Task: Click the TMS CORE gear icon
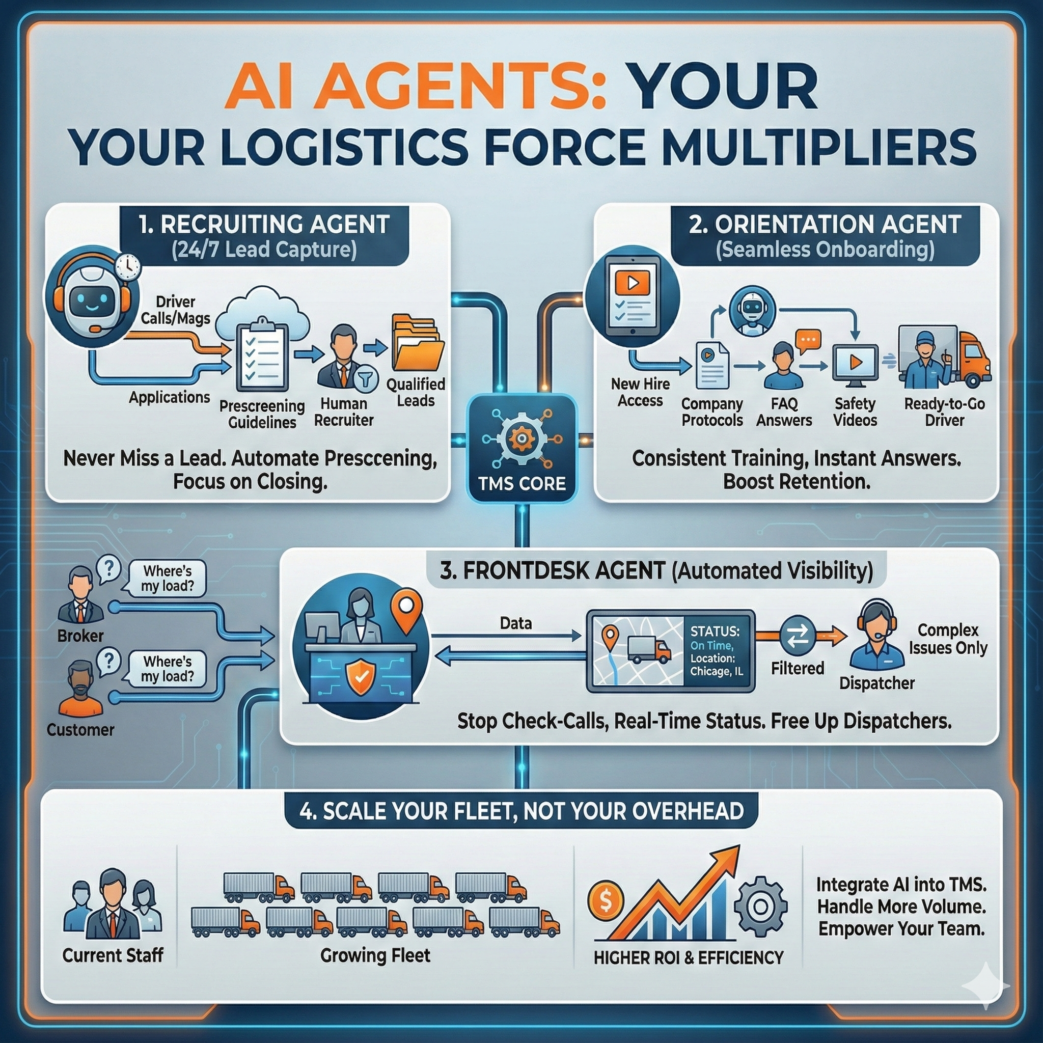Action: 521,438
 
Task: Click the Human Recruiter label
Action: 344,412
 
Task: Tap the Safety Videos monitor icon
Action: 855,363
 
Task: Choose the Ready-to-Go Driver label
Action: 944,412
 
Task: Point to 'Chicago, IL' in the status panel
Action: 717,672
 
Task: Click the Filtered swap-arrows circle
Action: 798,635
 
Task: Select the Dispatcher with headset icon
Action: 876,635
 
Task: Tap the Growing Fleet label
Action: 375,955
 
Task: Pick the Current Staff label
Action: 113,955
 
